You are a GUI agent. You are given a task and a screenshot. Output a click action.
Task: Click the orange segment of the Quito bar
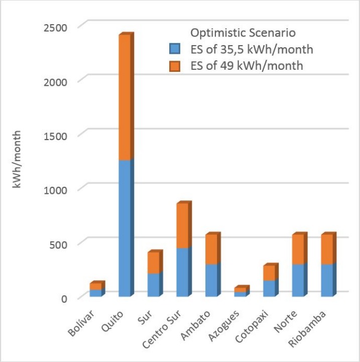click(125, 98)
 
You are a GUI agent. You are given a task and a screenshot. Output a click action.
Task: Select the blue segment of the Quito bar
click(125, 228)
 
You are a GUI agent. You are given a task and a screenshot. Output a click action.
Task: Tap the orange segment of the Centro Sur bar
click(183, 226)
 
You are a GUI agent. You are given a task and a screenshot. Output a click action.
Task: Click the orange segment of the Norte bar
click(299, 250)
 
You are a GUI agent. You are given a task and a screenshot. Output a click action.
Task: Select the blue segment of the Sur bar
click(154, 285)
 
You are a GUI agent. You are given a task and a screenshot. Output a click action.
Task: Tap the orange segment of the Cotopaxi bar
click(270, 273)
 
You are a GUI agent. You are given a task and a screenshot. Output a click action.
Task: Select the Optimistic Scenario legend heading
click(243, 33)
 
